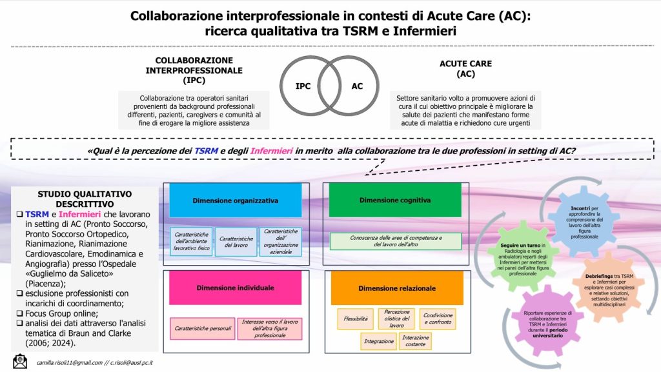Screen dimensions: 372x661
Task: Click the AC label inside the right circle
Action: pos(357,86)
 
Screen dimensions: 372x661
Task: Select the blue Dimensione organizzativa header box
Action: pos(236,201)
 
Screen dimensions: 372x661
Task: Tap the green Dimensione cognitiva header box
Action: pos(395,201)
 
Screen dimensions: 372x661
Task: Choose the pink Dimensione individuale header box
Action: pos(236,288)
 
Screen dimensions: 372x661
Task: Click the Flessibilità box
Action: pos(356,318)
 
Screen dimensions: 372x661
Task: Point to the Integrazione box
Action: pos(378,341)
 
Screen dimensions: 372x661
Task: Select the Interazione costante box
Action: pos(415,341)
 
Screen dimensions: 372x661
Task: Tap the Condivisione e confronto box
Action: pos(437,318)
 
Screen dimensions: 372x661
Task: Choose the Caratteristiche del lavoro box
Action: pos(236,242)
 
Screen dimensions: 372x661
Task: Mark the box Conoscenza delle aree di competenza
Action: pos(395,241)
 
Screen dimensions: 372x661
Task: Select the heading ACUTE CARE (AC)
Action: pos(465,69)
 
